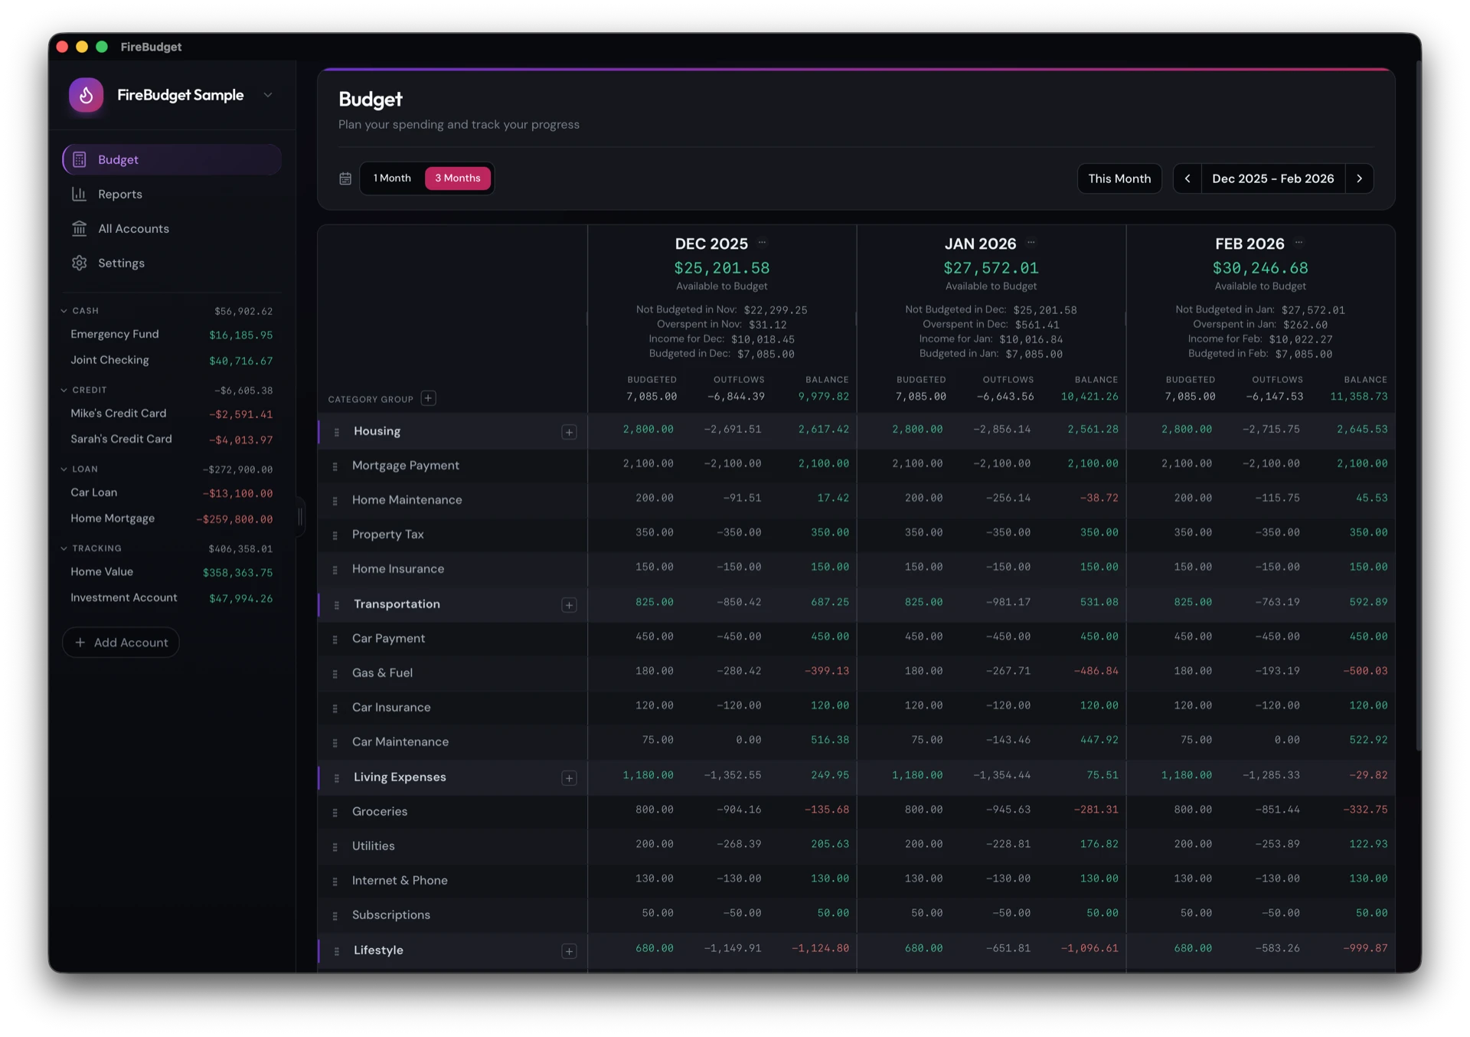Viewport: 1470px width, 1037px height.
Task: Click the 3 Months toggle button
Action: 457,178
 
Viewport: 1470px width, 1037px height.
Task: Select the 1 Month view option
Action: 392,178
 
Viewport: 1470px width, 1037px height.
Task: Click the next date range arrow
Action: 1359,178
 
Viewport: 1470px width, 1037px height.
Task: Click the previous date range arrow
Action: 1187,178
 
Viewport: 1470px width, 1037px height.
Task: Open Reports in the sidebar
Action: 119,195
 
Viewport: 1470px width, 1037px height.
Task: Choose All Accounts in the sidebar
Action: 133,229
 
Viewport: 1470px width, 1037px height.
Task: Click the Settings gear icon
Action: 80,263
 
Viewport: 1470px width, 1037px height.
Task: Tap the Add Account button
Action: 121,643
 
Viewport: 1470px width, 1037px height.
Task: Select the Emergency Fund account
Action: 115,335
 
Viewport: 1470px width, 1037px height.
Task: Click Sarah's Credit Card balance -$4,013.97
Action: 240,440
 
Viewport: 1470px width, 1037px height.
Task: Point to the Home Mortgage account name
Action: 113,518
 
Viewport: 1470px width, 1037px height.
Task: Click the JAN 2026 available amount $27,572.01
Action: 990,269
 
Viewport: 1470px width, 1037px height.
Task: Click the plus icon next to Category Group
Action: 429,398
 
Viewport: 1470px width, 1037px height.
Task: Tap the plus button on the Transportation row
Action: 569,605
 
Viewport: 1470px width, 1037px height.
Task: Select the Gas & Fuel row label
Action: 382,673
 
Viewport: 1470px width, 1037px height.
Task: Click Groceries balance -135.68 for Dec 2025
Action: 826,810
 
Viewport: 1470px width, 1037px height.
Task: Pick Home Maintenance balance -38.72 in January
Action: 1099,498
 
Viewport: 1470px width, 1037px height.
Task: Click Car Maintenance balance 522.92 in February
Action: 1367,740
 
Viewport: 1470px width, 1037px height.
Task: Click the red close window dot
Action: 63,47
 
